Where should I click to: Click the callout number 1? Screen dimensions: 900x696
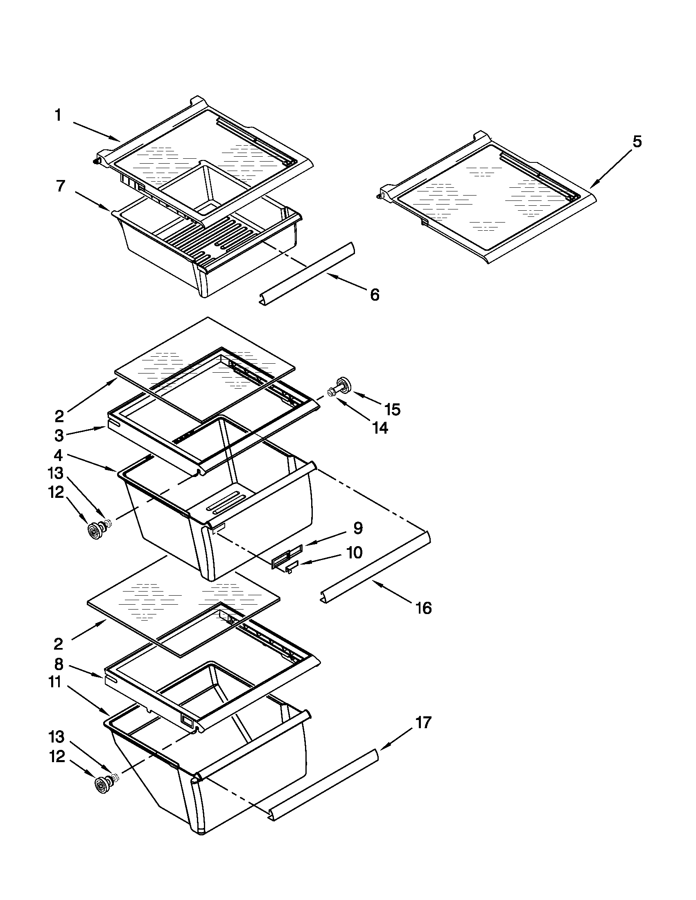coord(59,116)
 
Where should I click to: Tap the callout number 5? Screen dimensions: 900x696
coord(637,142)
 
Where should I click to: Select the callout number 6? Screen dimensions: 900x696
coord(374,295)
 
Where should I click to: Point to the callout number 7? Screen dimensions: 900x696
coord(60,186)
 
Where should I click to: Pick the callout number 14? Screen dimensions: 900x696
coord(380,429)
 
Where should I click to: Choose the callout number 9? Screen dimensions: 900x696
coord(357,528)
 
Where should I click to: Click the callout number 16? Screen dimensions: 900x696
coord(423,608)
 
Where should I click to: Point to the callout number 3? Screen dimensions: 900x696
coord(59,435)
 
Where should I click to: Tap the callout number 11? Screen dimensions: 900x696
coord(55,682)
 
